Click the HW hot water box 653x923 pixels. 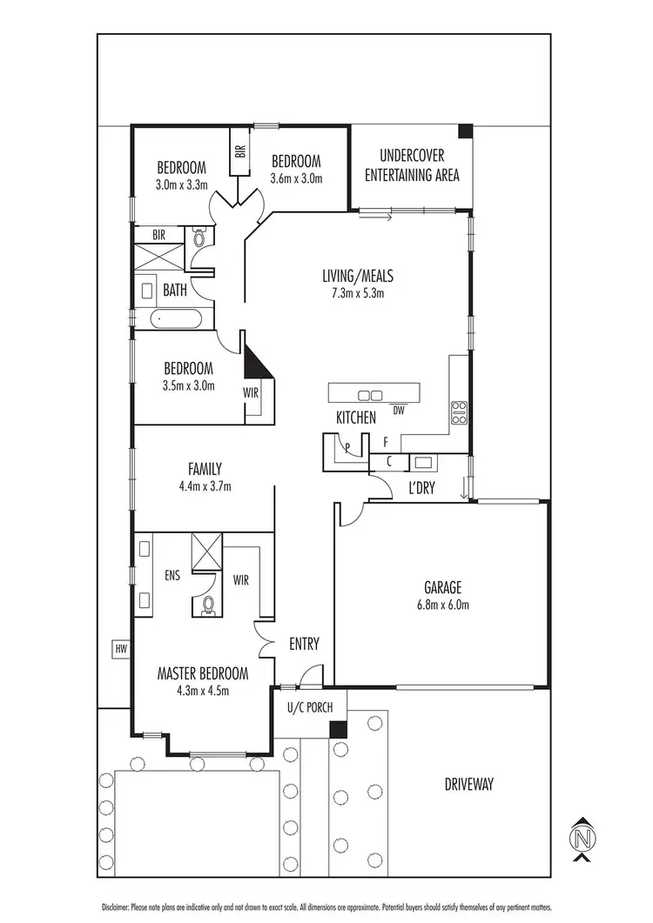(118, 648)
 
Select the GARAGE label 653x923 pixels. (443, 586)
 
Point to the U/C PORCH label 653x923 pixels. (310, 706)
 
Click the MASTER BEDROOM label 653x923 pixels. (202, 673)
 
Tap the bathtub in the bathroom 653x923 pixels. (178, 319)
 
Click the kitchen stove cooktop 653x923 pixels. (458, 412)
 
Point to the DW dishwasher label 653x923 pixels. (398, 410)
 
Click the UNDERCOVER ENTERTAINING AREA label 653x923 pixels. (412, 166)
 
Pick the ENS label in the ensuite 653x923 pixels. (172, 575)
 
